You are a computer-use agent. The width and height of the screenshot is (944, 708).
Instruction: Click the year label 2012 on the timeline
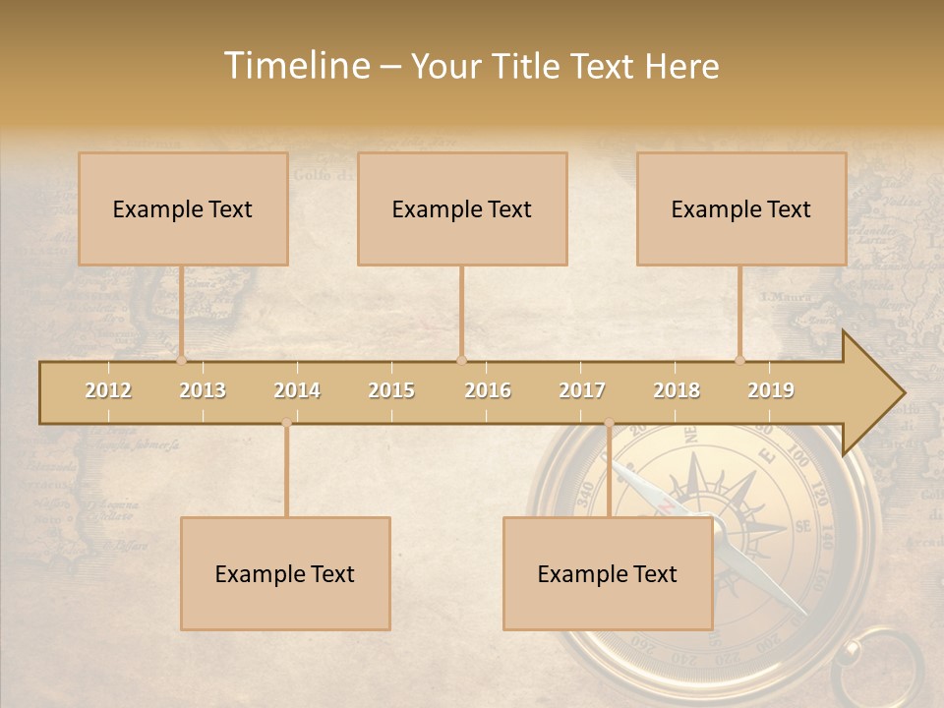pyautogui.click(x=108, y=390)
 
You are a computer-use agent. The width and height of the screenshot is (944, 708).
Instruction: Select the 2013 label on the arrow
pyautogui.click(x=203, y=390)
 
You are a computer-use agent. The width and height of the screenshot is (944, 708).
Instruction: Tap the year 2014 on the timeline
pyautogui.click(x=297, y=390)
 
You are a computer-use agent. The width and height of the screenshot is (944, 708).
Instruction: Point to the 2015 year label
pyautogui.click(x=391, y=390)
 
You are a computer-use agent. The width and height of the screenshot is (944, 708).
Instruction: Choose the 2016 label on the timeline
pyautogui.click(x=488, y=390)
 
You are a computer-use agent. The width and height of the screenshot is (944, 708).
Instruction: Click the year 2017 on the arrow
pyautogui.click(x=582, y=390)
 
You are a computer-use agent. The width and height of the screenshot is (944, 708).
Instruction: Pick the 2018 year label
pyautogui.click(x=677, y=390)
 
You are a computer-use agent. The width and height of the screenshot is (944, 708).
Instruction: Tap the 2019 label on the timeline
pyautogui.click(x=771, y=390)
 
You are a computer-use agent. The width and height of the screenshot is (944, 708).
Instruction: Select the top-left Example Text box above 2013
pyautogui.click(x=183, y=209)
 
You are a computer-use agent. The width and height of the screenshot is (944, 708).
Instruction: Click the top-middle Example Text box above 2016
pyautogui.click(x=462, y=209)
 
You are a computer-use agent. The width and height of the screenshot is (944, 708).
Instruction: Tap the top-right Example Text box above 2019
pyautogui.click(x=741, y=209)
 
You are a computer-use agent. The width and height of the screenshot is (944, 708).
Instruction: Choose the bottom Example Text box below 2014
pyautogui.click(x=285, y=574)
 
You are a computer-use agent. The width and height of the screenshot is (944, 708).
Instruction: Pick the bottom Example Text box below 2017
pyautogui.click(x=608, y=574)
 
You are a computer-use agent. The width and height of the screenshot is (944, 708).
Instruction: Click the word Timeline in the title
pyautogui.click(x=296, y=66)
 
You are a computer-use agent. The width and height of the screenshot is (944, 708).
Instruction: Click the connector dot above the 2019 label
pyautogui.click(x=740, y=360)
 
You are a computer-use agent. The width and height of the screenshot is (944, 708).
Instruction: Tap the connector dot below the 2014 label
pyautogui.click(x=286, y=423)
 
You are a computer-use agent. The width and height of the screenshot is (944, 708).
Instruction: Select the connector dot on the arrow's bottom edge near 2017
pyautogui.click(x=609, y=423)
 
